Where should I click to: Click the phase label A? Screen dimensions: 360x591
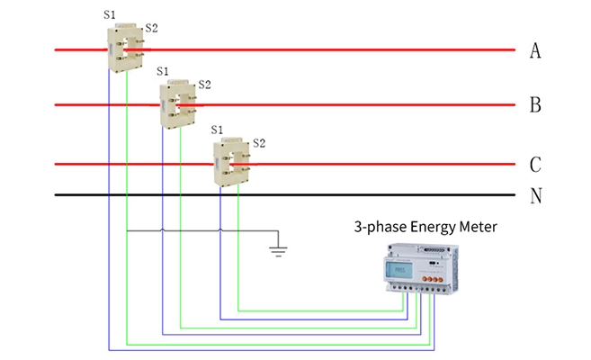(x=535, y=50)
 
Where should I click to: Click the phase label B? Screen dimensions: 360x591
(x=535, y=105)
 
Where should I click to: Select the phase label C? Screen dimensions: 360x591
(x=535, y=165)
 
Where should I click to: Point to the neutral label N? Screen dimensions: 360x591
(x=536, y=195)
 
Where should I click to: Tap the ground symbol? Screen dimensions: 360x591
(x=279, y=247)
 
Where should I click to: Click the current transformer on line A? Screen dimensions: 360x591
(x=125, y=49)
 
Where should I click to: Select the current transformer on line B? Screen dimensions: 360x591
(x=178, y=105)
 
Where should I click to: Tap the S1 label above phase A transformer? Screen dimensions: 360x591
(x=109, y=15)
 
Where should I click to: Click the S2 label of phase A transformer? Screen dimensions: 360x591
(x=151, y=29)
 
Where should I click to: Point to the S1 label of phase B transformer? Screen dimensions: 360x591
(x=163, y=71)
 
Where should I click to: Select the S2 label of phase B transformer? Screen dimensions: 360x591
(x=204, y=85)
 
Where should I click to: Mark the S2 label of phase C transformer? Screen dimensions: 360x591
(x=259, y=143)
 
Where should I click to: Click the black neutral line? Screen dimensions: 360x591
(x=270, y=194)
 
